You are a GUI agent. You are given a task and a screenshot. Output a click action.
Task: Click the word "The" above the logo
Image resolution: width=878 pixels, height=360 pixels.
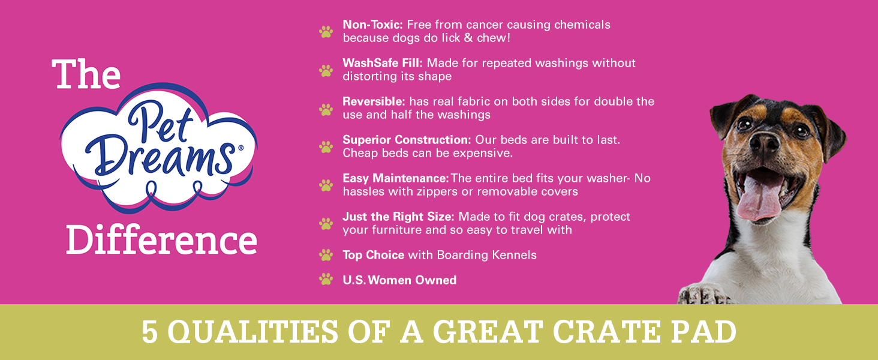click(86, 74)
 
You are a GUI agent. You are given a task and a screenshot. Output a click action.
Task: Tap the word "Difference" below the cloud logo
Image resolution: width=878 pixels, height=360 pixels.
click(161, 239)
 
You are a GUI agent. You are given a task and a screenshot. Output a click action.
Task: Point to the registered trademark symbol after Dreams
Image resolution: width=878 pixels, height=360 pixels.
click(240, 148)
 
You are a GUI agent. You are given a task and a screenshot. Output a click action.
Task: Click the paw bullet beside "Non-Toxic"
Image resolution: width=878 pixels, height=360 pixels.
click(326, 32)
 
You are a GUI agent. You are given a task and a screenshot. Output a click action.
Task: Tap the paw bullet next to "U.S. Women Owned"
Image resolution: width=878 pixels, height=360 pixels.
click(326, 279)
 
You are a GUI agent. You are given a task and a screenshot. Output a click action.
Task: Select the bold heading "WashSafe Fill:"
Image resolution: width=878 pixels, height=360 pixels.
click(383, 63)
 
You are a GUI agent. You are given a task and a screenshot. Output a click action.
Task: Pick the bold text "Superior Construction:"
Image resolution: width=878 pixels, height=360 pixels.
click(407, 140)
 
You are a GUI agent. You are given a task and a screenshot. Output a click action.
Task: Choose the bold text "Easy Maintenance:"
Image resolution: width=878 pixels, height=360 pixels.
click(395, 178)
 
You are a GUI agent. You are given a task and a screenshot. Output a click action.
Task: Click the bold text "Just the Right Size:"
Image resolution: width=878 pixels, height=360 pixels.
click(398, 217)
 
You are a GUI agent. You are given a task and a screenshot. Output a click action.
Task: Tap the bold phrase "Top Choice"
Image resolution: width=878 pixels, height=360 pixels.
click(374, 255)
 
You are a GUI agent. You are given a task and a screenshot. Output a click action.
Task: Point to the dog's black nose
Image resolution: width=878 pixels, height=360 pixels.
click(764, 143)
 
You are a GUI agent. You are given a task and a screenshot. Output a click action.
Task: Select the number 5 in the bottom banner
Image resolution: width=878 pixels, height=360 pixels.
click(149, 332)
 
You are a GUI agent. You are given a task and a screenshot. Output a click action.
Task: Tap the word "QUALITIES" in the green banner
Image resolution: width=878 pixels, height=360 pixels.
click(252, 332)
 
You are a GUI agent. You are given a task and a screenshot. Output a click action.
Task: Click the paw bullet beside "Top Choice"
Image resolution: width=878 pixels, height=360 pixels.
click(326, 255)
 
